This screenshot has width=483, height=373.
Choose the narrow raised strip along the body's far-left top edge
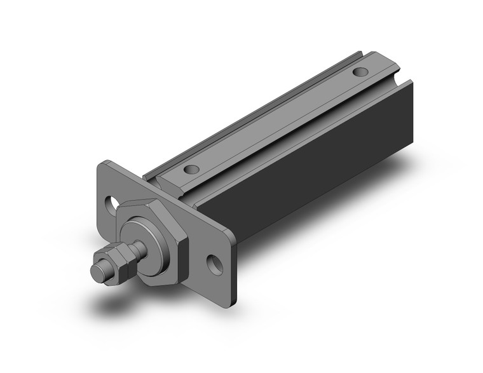coord(248,114)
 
